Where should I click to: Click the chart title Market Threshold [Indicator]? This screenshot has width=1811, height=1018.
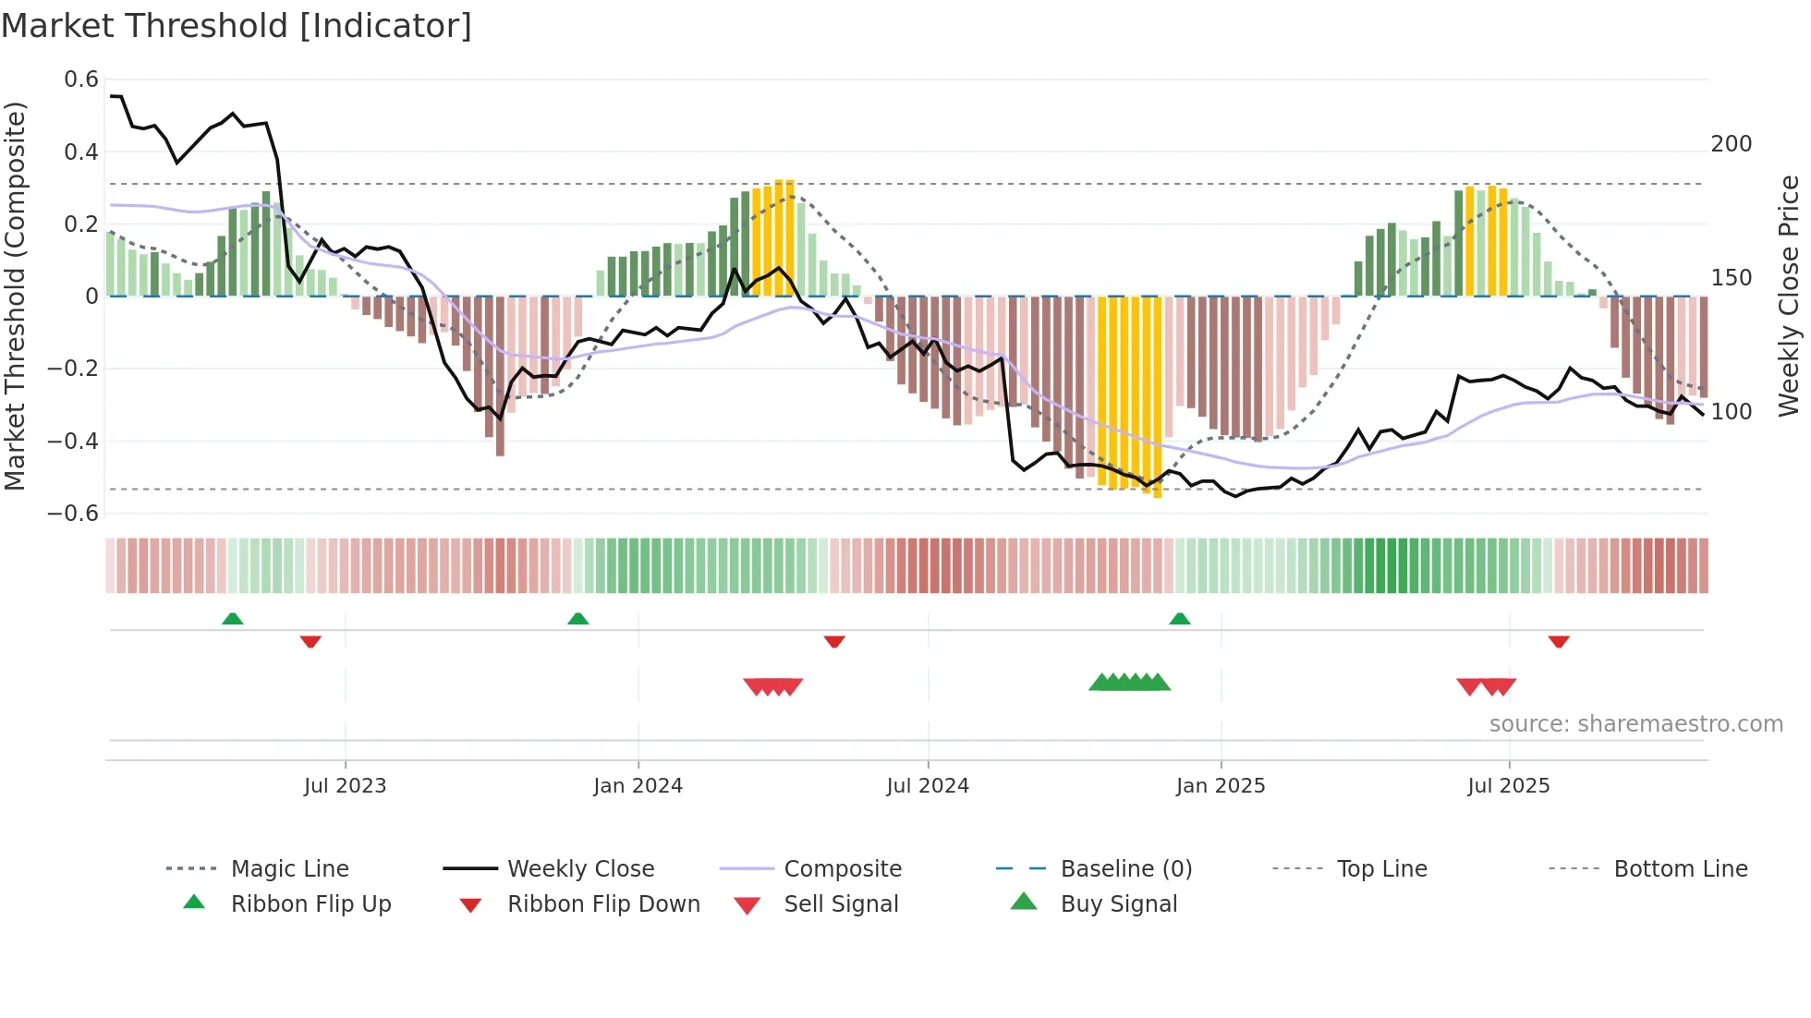click(237, 26)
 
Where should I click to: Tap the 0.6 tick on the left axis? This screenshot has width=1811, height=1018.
click(81, 79)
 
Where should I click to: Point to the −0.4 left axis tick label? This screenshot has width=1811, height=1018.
click(73, 441)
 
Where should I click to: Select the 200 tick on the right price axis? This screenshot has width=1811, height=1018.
click(1731, 144)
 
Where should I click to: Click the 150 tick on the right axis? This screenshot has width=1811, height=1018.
click(1731, 278)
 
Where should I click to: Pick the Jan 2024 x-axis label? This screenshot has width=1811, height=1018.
click(638, 786)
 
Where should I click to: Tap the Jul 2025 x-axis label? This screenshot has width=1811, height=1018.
click(1508, 786)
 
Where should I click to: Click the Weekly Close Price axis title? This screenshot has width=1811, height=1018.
click(1789, 296)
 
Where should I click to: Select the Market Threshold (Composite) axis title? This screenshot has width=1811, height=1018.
click(15, 296)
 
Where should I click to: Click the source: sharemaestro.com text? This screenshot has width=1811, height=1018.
click(1635, 724)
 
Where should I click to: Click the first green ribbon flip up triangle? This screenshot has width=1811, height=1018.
click(233, 619)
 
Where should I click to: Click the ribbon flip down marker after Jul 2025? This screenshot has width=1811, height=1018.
click(1559, 641)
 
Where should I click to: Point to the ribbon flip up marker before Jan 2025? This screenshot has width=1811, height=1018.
click(1180, 619)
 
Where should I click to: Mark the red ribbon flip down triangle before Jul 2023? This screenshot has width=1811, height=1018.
click(310, 641)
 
